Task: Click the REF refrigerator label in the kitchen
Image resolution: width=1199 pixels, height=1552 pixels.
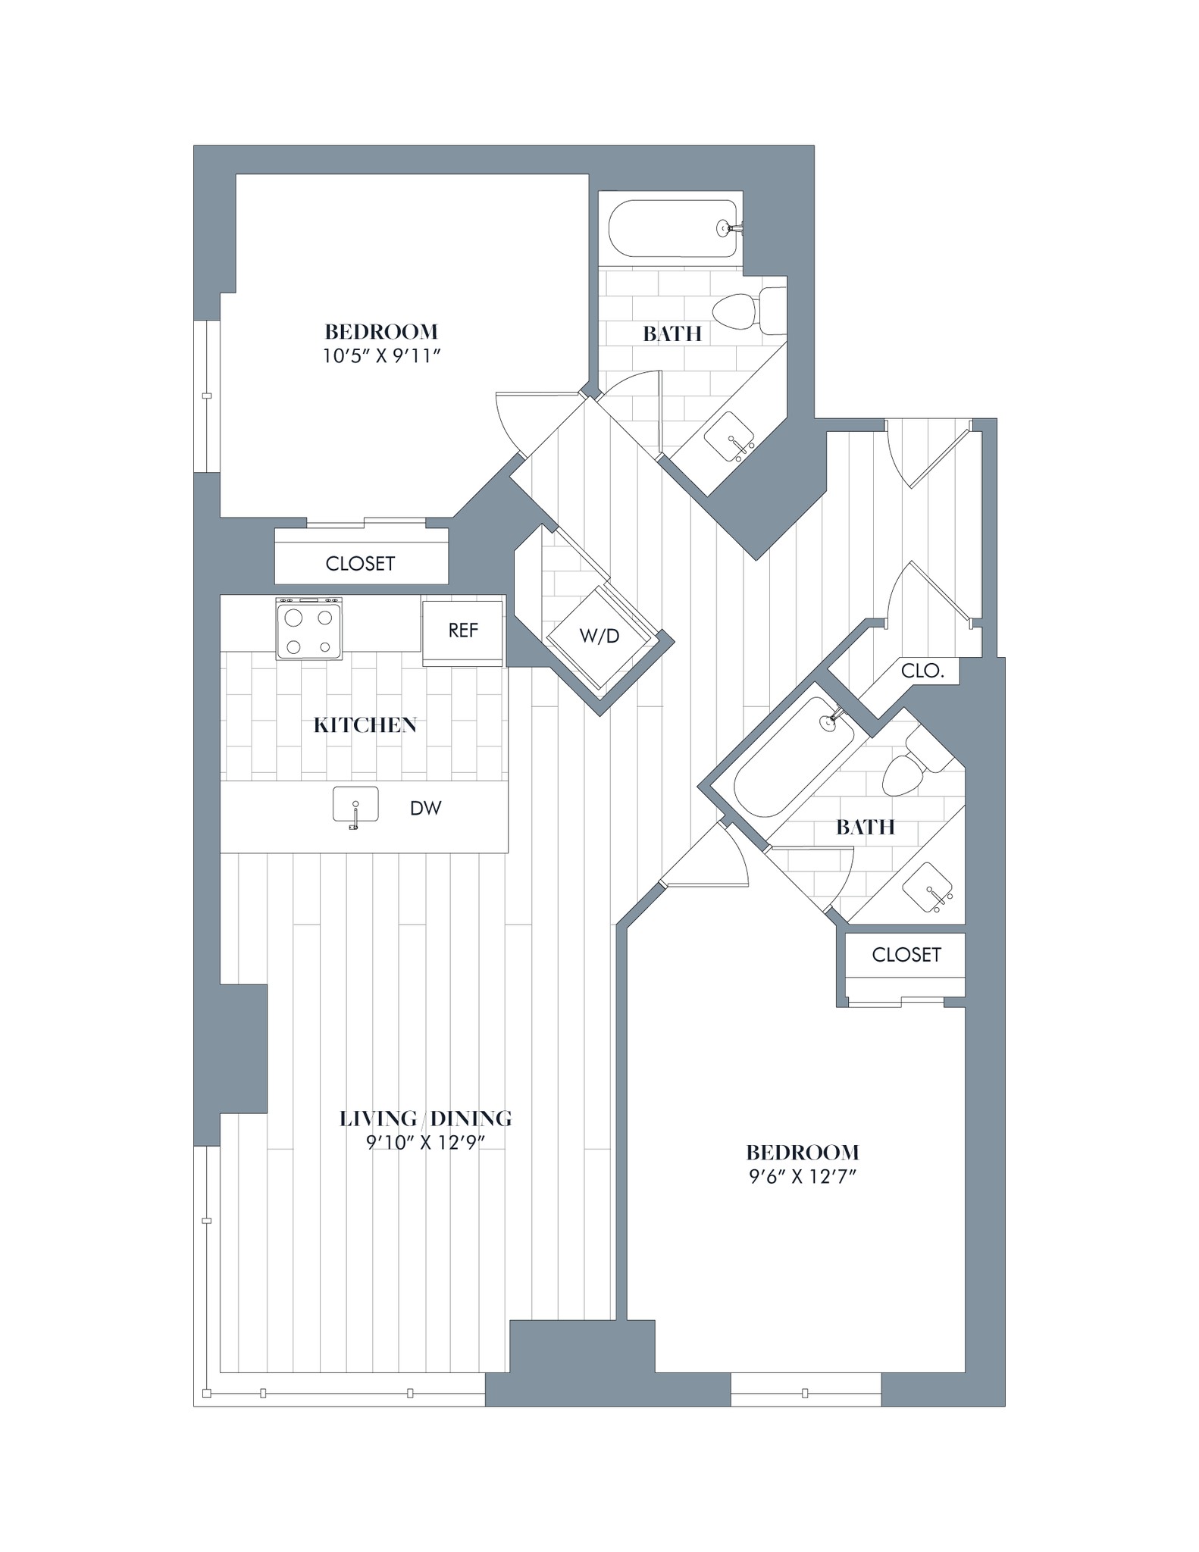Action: pyautogui.click(x=462, y=630)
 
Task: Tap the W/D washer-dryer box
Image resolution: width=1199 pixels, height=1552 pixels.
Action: pyautogui.click(x=599, y=637)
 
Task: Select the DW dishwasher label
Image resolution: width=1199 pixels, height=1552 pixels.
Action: pyautogui.click(x=425, y=809)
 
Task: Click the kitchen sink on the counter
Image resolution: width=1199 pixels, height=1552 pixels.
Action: pyautogui.click(x=355, y=805)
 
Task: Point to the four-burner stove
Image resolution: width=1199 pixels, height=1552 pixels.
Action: pyautogui.click(x=308, y=630)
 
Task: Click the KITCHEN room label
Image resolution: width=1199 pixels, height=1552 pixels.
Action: pyautogui.click(x=365, y=725)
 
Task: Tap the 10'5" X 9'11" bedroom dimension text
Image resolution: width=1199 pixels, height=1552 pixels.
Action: pyautogui.click(x=381, y=356)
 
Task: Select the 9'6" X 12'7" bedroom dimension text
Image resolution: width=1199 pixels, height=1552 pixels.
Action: pyautogui.click(x=802, y=1177)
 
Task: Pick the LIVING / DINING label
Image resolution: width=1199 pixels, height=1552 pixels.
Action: pyautogui.click(x=425, y=1119)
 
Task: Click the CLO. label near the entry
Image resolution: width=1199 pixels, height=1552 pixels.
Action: pyautogui.click(x=922, y=671)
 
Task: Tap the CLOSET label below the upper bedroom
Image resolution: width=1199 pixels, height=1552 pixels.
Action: pyautogui.click(x=360, y=564)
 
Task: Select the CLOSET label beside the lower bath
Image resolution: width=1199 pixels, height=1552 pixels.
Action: pyautogui.click(x=906, y=955)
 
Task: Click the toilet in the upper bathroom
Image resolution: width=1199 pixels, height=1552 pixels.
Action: pyautogui.click(x=743, y=311)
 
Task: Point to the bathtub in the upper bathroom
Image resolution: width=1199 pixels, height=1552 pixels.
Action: pyautogui.click(x=672, y=228)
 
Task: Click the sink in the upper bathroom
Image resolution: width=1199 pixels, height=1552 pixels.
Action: pyautogui.click(x=729, y=437)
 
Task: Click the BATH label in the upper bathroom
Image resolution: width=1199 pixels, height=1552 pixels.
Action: pyautogui.click(x=672, y=333)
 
